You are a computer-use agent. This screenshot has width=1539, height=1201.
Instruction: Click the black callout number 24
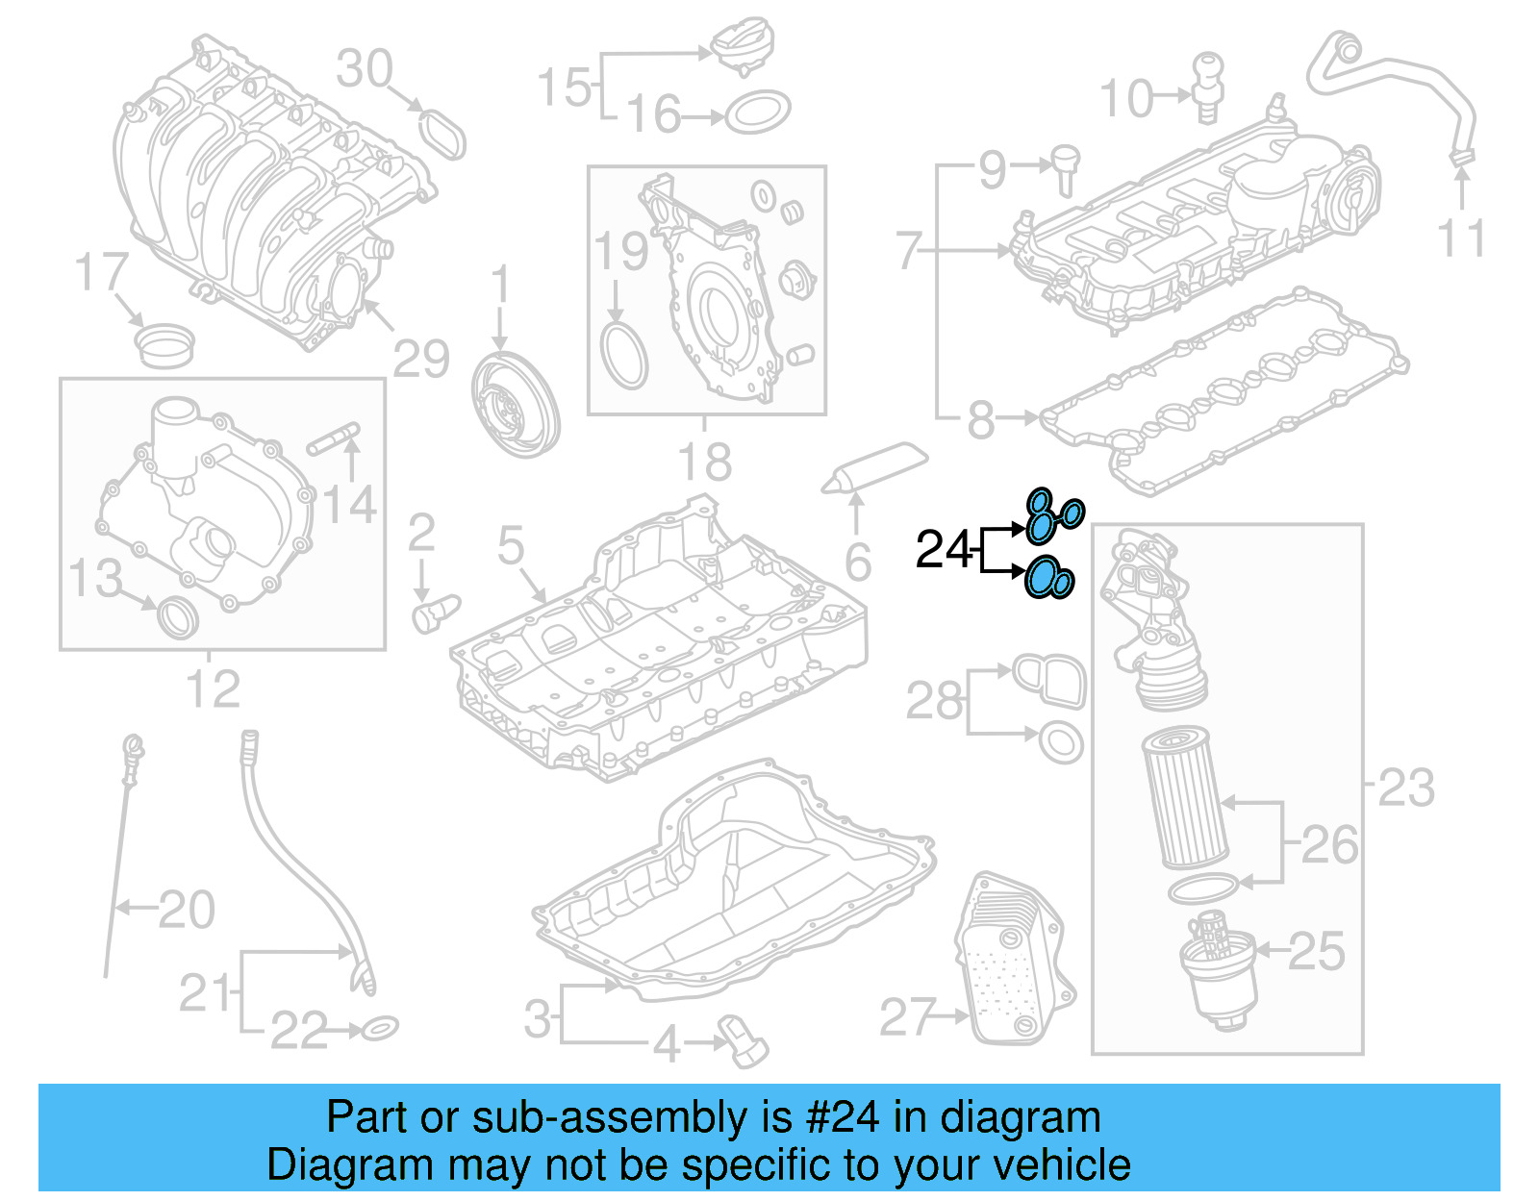pyautogui.click(x=944, y=550)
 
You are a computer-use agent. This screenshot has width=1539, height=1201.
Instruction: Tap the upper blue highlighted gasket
pyautogui.click(x=1051, y=516)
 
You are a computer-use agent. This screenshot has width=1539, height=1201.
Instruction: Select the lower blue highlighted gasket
pyautogui.click(x=1047, y=578)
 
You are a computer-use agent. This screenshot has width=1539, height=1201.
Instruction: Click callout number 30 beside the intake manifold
pyautogui.click(x=365, y=69)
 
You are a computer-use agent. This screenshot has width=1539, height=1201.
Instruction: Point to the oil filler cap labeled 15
pyautogui.click(x=742, y=49)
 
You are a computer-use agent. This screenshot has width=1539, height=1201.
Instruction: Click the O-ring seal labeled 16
pyautogui.click(x=757, y=113)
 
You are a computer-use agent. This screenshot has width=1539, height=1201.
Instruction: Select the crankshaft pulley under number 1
pyautogui.click(x=515, y=404)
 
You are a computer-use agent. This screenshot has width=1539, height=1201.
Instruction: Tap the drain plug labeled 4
pyautogui.click(x=743, y=1040)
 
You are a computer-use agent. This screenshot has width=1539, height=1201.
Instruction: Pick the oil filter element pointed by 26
pyautogui.click(x=1184, y=797)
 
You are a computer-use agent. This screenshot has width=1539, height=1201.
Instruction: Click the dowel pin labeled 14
pyautogui.click(x=333, y=438)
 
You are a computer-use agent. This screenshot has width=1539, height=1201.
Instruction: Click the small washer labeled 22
pyautogui.click(x=380, y=1029)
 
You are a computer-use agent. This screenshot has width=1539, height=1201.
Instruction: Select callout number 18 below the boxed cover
pyautogui.click(x=705, y=463)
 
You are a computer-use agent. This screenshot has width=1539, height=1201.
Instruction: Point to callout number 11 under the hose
pyautogui.click(x=1460, y=238)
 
